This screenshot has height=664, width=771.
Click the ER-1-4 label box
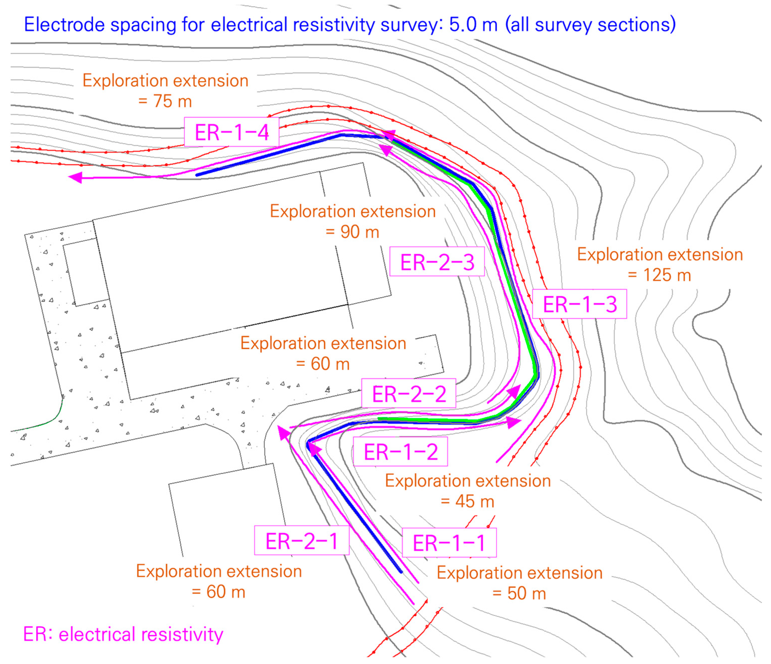pyautogui.click(x=231, y=132)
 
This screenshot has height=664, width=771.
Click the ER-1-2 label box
pyautogui.click(x=400, y=452)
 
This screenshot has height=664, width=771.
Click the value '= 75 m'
pyautogui.click(x=165, y=101)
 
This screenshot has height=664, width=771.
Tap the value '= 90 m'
pyautogui.click(x=353, y=232)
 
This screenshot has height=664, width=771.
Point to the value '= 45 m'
pyautogui.click(x=467, y=502)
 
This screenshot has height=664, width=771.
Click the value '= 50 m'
pyautogui.click(x=519, y=594)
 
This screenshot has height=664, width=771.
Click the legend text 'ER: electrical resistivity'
pyautogui.click(x=123, y=635)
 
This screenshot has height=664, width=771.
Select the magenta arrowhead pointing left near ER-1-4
pyautogui.click(x=76, y=178)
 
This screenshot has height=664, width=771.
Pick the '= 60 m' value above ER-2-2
pyautogui.click(x=323, y=364)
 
